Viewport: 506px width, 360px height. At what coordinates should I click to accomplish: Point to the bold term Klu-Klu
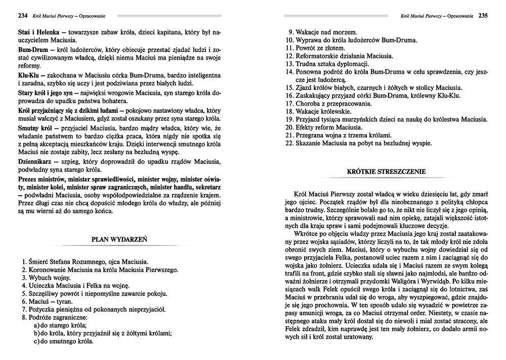coord(29,75)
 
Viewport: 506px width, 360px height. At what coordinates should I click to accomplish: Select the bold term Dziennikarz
coord(36,160)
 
